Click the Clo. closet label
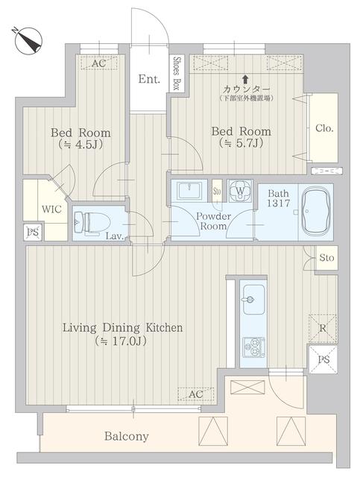click(323, 127)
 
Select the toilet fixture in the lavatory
click(90, 221)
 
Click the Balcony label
click(126, 437)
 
